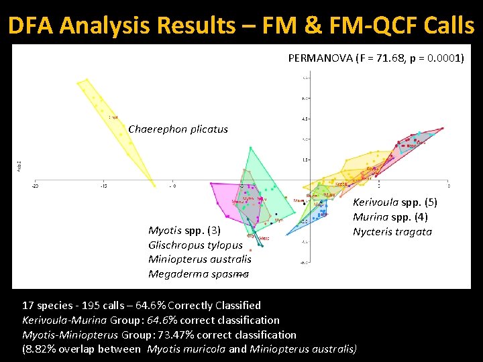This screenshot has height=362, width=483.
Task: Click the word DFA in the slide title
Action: click(33, 25)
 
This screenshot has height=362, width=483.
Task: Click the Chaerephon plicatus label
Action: click(178, 129)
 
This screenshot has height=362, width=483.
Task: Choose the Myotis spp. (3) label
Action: click(184, 231)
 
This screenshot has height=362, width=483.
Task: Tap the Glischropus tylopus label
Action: click(195, 245)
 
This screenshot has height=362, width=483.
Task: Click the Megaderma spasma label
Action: click(199, 274)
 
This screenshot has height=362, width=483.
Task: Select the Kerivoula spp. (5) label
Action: click(395, 202)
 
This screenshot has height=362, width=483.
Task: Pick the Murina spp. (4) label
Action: click(390, 217)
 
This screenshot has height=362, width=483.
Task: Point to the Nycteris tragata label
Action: click(392, 232)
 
